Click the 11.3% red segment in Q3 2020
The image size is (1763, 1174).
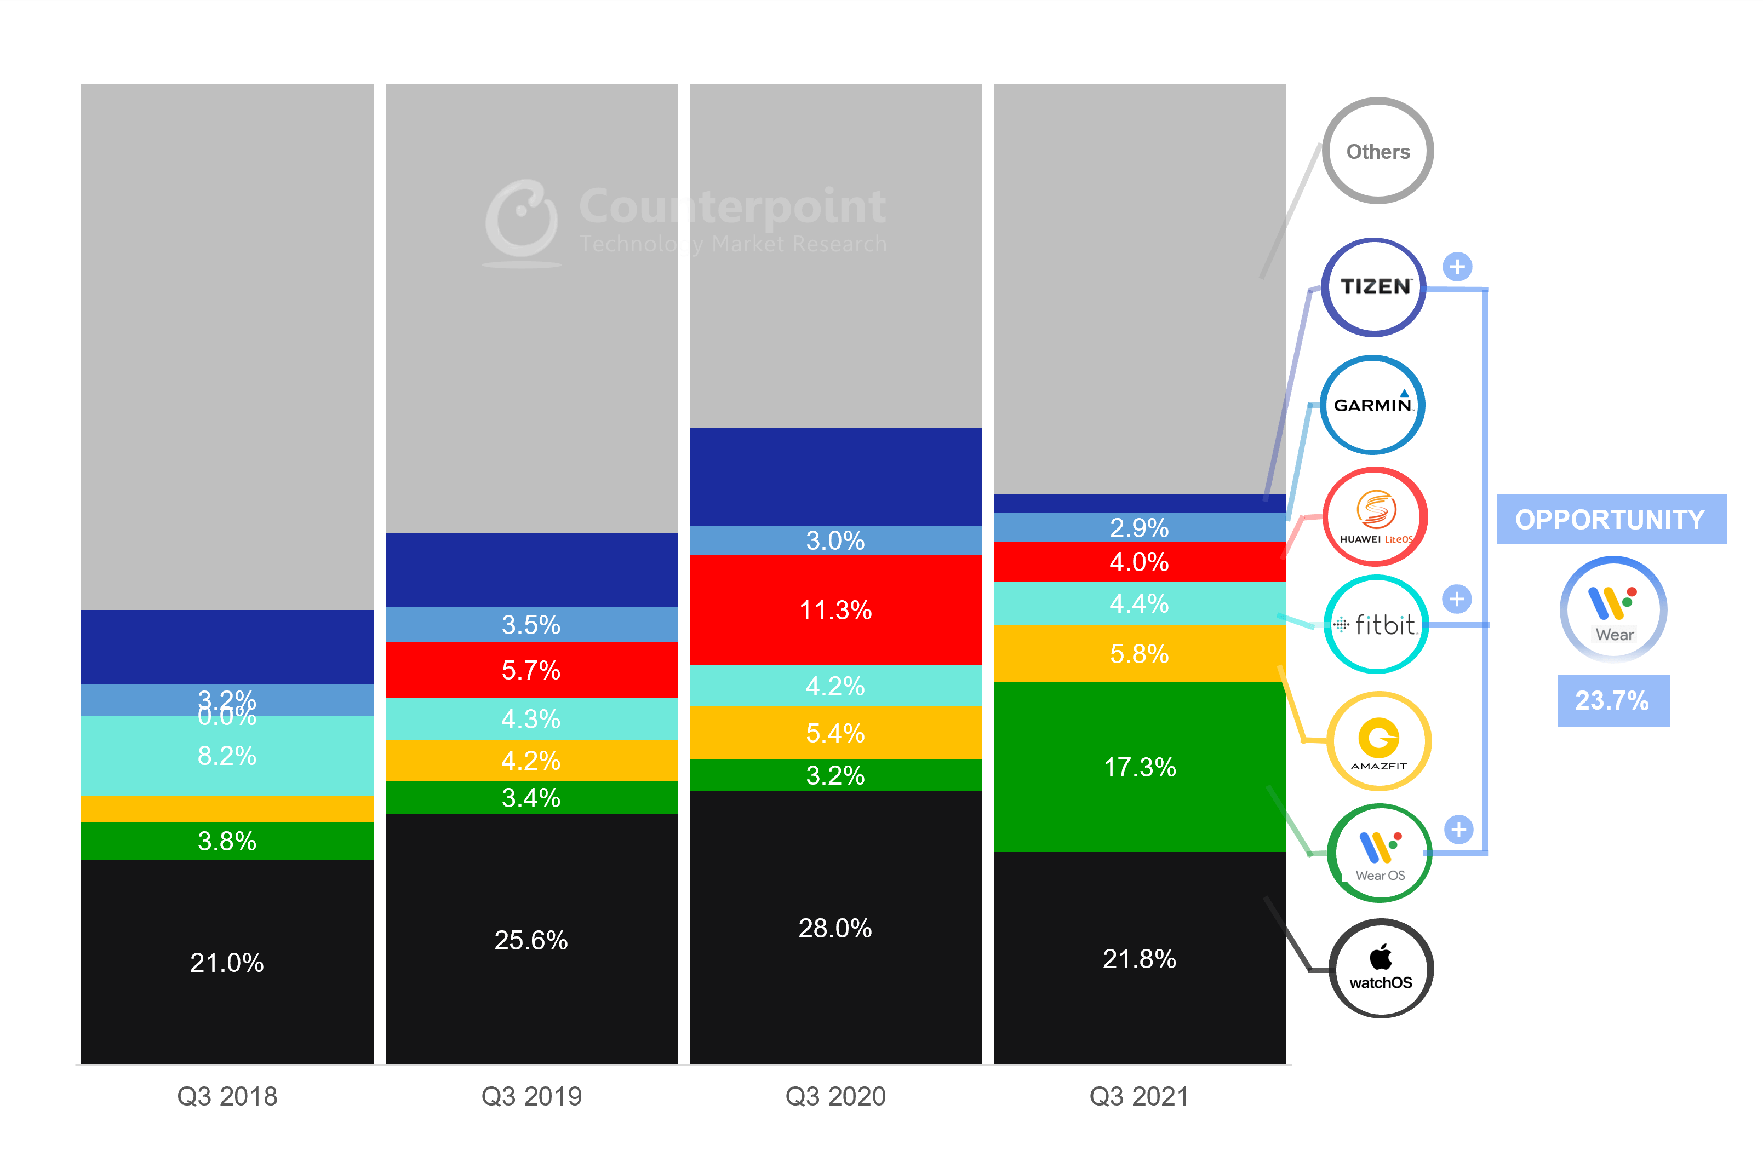(835, 610)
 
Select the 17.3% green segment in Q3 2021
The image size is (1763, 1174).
(1139, 767)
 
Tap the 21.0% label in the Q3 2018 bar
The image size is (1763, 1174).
(227, 962)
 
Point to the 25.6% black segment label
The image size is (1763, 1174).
(531, 940)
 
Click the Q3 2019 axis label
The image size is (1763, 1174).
(531, 1096)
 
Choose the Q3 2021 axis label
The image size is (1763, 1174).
(1138, 1096)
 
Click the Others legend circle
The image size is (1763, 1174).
(1377, 151)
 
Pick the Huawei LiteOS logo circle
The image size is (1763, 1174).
(1375, 516)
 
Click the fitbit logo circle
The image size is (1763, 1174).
(1377, 624)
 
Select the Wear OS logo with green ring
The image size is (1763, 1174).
(1379, 854)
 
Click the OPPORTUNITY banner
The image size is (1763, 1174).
(1610, 519)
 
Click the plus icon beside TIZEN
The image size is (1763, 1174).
(1457, 267)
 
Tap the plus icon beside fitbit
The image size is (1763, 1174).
(1457, 599)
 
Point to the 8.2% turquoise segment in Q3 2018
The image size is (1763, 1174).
(227, 756)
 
